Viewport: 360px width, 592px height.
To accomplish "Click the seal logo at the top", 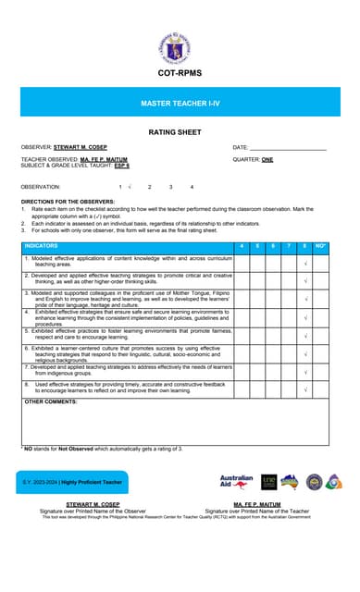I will click(x=180, y=41).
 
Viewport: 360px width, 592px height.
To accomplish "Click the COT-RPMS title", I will click(x=180, y=73).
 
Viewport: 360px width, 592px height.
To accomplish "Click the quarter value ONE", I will click(x=267, y=159).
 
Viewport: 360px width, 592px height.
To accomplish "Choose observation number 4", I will click(x=192, y=187).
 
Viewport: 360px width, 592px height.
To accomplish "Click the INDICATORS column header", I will click(x=41, y=246).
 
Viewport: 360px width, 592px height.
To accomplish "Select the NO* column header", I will click(x=320, y=246).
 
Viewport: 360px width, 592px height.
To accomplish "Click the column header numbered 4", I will click(x=242, y=246).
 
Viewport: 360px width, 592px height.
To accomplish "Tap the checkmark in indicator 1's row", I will click(x=305, y=263).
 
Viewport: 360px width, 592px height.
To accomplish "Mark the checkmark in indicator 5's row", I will click(x=305, y=335).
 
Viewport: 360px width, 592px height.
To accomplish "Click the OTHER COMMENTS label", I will click(x=50, y=402).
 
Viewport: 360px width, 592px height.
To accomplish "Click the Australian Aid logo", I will click(x=237, y=482).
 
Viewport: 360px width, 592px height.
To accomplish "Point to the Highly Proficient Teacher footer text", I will click(x=93, y=482).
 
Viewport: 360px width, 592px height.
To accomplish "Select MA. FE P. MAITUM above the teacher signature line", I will click(x=257, y=504).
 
